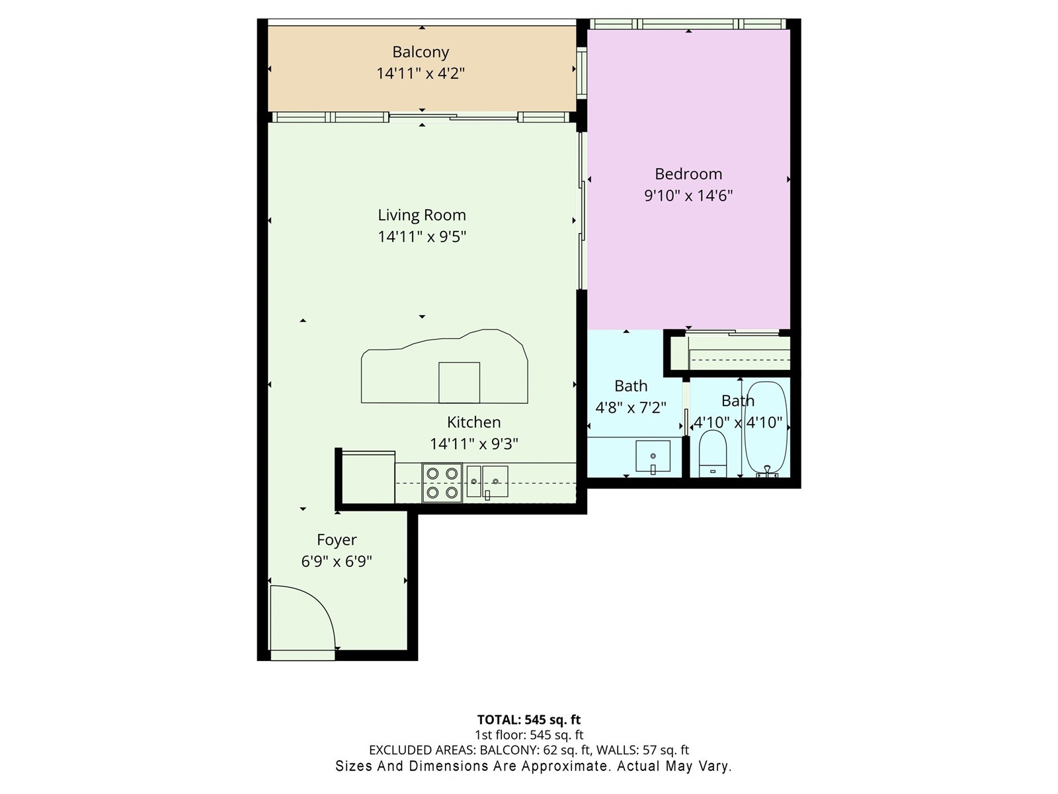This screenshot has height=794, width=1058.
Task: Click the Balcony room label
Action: (421, 52)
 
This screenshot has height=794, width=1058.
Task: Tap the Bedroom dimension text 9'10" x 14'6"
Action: (688, 196)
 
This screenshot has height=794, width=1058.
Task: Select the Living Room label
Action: (422, 215)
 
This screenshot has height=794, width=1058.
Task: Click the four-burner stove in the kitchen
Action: (442, 483)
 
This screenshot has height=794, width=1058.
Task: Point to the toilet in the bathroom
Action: (712, 454)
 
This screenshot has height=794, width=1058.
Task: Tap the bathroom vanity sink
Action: (653, 457)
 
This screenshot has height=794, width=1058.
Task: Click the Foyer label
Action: (337, 540)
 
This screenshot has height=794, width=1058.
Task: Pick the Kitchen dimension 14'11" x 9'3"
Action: (473, 444)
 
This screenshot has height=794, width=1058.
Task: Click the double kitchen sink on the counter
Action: (487, 482)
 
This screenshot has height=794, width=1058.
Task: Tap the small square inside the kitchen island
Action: (459, 382)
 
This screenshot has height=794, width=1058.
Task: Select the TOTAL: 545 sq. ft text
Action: (529, 719)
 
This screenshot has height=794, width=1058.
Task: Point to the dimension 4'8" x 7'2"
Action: (631, 408)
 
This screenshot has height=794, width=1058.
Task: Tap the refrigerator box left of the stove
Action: (368, 478)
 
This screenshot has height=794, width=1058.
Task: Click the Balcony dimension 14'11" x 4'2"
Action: (421, 73)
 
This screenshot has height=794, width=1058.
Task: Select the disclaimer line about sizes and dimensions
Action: (533, 766)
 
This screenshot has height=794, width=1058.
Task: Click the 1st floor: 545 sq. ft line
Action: (529, 735)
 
